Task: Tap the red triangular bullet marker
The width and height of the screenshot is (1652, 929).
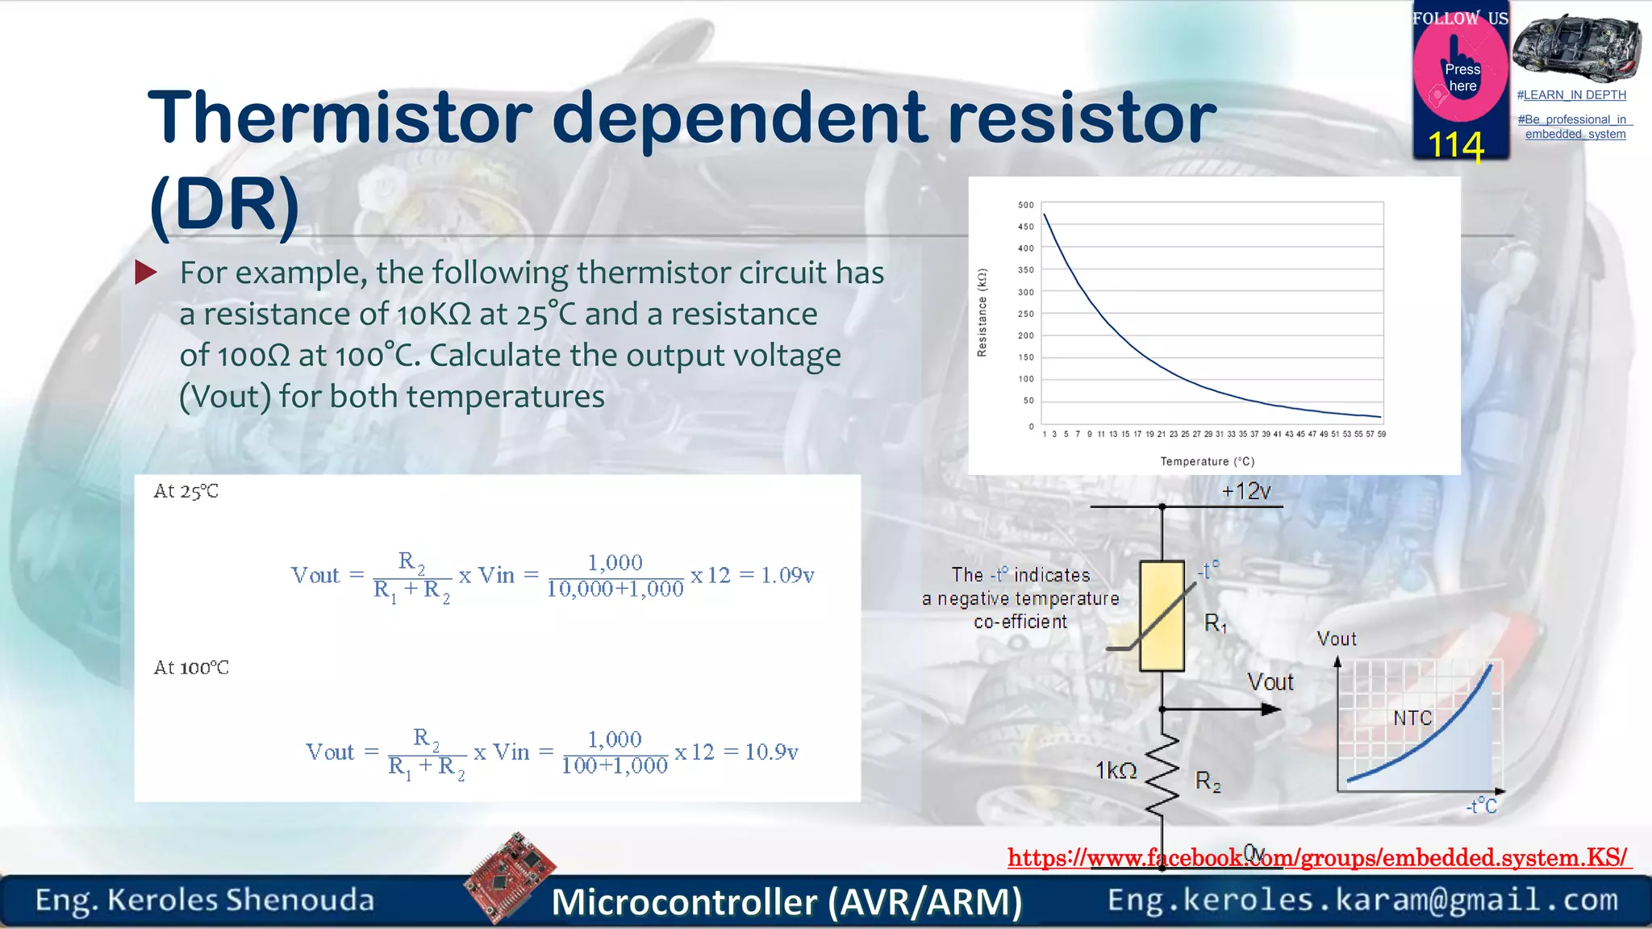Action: pyautogui.click(x=145, y=272)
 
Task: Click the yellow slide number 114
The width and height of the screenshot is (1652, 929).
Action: pyautogui.click(x=1455, y=146)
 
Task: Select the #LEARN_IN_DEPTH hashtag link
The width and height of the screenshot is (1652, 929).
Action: pyautogui.click(x=1571, y=95)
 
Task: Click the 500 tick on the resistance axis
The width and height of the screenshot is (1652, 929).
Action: pyautogui.click(x=1025, y=205)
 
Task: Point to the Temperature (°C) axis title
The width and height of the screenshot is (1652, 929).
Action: pyautogui.click(x=1207, y=461)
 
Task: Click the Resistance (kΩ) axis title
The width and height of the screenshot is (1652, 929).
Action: pyautogui.click(x=982, y=313)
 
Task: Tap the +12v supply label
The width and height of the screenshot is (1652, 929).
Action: pyautogui.click(x=1245, y=491)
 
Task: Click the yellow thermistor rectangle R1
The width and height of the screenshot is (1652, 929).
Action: pyautogui.click(x=1162, y=616)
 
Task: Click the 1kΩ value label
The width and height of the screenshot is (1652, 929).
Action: pyautogui.click(x=1116, y=771)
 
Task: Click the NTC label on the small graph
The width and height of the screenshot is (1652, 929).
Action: pyautogui.click(x=1412, y=718)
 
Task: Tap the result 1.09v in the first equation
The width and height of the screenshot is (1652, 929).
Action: pyautogui.click(x=787, y=575)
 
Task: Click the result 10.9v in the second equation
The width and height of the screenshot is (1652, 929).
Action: pyautogui.click(x=771, y=752)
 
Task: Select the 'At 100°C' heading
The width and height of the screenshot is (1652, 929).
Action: pyautogui.click(x=191, y=668)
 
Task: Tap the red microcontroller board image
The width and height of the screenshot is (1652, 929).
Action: pyautogui.click(x=510, y=877)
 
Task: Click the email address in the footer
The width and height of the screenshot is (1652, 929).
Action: pyautogui.click(x=1362, y=899)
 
